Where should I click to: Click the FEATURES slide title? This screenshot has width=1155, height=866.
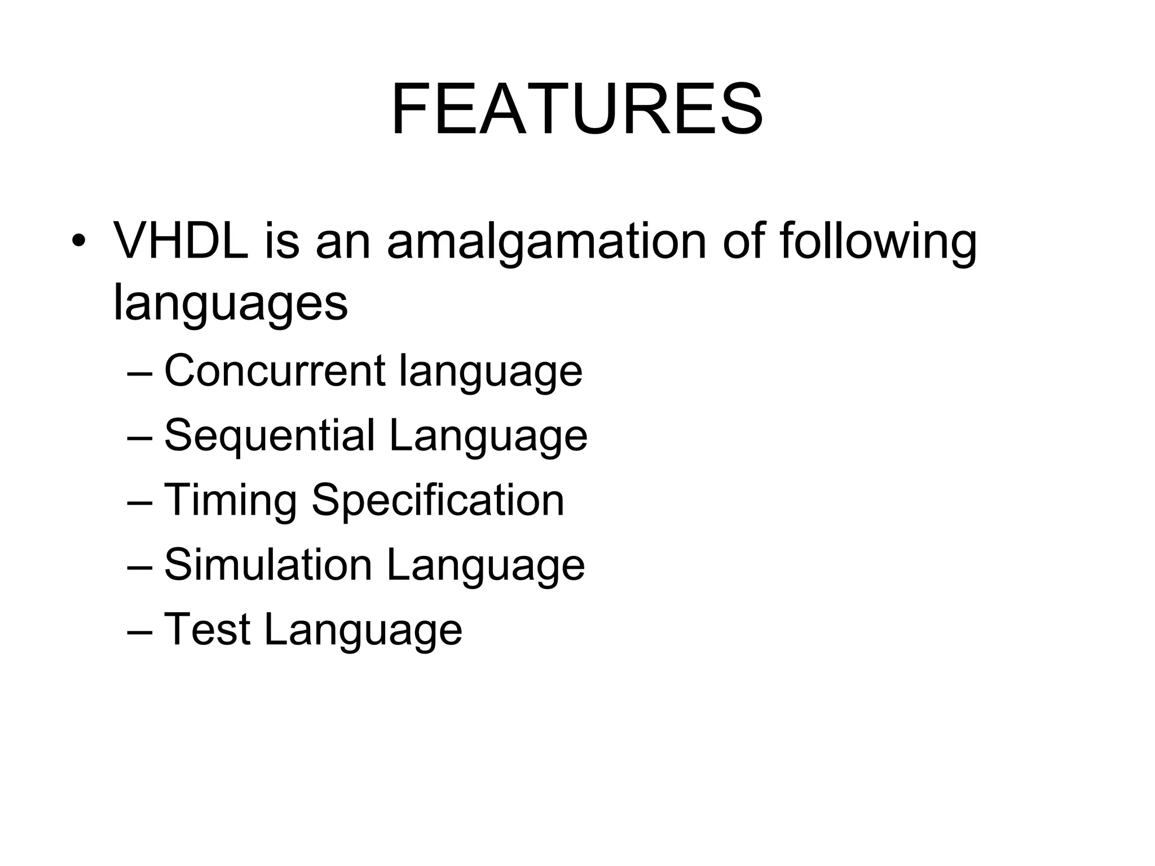click(x=576, y=109)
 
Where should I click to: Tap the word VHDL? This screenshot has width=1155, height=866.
click(x=181, y=241)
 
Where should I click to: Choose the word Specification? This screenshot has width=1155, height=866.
click(x=438, y=501)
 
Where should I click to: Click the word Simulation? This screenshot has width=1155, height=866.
click(x=268, y=565)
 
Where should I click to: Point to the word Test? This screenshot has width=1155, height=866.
click(x=207, y=629)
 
